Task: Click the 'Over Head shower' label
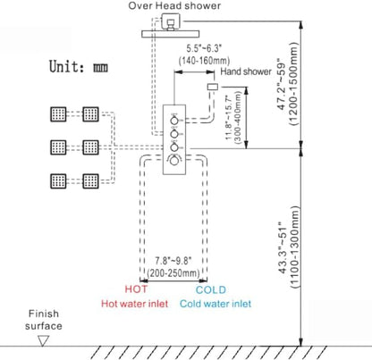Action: tap(174, 5)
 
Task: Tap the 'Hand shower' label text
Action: tap(246, 71)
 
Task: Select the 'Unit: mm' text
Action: tap(79, 66)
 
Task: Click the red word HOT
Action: tap(136, 289)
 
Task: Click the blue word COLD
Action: tap(211, 289)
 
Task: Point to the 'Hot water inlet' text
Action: tap(134, 304)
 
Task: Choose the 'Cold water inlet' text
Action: tap(216, 304)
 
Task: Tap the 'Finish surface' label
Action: tap(44, 320)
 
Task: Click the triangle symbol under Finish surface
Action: tap(43, 340)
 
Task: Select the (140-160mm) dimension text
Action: tap(204, 61)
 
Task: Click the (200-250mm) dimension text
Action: tap(173, 272)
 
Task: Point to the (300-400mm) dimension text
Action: tap(238, 117)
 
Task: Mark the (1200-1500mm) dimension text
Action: tap(293, 84)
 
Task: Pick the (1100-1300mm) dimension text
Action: tap(294, 247)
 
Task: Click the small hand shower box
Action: tap(212, 87)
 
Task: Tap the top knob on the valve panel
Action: tap(174, 121)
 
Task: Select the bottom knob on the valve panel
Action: tap(174, 161)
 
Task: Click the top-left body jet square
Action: tap(58, 114)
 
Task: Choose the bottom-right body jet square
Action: tap(90, 180)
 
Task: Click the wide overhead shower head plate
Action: tap(170, 34)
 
